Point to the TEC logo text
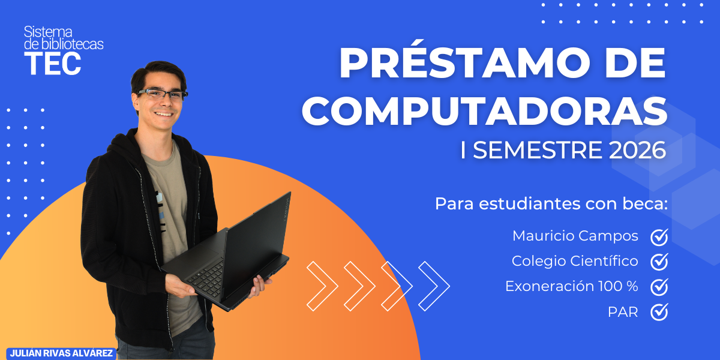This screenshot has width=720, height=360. [53, 64]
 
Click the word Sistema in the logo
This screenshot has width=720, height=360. [48, 32]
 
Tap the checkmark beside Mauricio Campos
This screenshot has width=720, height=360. [659, 236]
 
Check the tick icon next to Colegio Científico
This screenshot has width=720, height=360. [659, 262]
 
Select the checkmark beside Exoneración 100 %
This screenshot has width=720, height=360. [659, 287]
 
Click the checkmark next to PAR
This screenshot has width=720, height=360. [659, 312]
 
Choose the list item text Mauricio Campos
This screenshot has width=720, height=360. [575, 236]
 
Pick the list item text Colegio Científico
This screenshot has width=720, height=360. [574, 261]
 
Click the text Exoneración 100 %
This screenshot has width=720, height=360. [571, 286]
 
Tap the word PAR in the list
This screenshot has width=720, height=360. [622, 312]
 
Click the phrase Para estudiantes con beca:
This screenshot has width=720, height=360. [551, 203]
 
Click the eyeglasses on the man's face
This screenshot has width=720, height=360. [161, 94]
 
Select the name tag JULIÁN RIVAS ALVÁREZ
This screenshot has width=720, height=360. [61, 353]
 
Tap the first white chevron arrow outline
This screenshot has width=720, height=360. [322, 286]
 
